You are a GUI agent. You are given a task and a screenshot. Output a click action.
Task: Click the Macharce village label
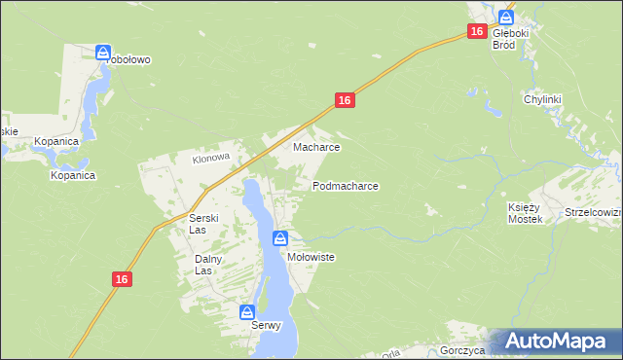tap(316, 148)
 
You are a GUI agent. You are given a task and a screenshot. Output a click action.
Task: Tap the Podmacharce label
tap(345, 185)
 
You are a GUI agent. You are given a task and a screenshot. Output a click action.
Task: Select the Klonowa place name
tap(210, 158)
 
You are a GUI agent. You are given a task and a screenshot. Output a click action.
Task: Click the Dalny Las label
tap(209, 265)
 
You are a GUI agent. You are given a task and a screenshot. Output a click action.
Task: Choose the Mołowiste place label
tap(311, 257)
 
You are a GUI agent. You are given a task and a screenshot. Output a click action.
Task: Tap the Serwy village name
tap(261, 326)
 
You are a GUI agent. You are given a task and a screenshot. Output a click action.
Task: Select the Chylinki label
tap(544, 99)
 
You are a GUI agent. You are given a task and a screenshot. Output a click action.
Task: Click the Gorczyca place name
tap(462, 349)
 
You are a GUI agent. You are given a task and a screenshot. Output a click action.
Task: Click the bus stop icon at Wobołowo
tap(103, 52)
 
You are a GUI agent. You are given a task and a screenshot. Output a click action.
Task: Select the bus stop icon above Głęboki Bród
tap(506, 17)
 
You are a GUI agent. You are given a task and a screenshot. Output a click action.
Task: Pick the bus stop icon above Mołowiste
tap(280, 237)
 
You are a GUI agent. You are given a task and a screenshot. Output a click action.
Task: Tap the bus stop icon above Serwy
tap(247, 312)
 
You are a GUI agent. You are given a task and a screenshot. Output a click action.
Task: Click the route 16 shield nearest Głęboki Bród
tap(475, 32)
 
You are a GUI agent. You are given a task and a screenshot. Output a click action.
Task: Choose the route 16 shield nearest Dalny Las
tap(121, 279)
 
